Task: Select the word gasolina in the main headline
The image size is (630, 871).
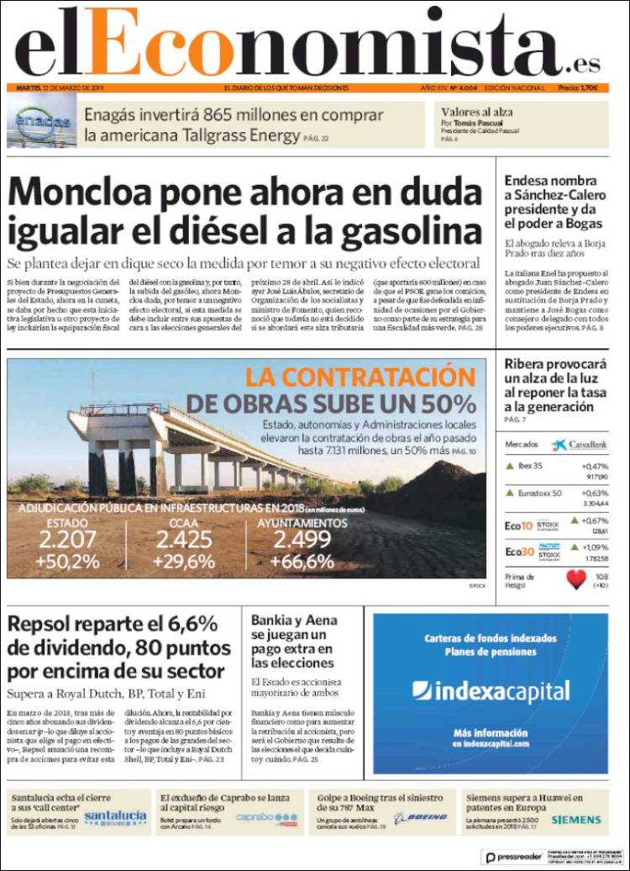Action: coord(390,229)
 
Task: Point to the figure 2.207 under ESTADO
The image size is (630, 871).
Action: coord(67,541)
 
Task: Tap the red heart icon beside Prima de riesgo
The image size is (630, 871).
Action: coord(575,580)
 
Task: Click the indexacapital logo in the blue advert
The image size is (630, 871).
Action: coord(491,690)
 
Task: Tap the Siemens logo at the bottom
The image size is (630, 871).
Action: coord(575,819)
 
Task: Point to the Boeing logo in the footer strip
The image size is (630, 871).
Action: coord(421,817)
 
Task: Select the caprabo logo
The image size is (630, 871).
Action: coord(266,816)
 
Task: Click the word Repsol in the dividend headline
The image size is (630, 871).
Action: coord(42,624)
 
